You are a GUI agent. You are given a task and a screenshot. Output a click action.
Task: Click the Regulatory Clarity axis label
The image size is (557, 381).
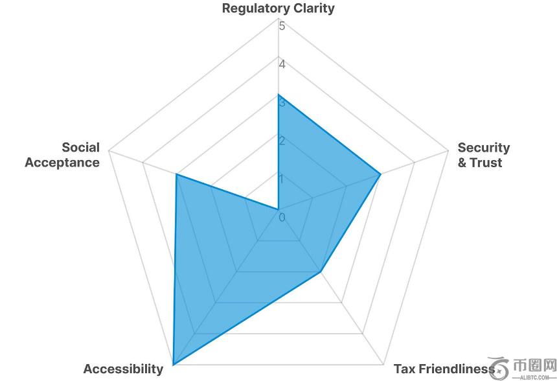[x=278, y=8]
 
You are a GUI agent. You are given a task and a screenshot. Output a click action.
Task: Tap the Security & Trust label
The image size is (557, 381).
[x=483, y=155]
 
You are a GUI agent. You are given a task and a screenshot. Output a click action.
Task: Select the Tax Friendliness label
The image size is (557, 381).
[x=444, y=369]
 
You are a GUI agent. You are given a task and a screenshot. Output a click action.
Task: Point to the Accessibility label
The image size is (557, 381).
[x=123, y=369]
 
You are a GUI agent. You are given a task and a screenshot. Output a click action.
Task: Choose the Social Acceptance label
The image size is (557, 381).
[x=62, y=155]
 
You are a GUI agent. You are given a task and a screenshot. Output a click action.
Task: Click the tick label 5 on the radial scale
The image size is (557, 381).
[x=282, y=27]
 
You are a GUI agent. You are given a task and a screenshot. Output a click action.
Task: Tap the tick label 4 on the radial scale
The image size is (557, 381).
[x=282, y=64]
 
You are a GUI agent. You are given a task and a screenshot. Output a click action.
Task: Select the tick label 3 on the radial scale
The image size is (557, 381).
[x=282, y=102]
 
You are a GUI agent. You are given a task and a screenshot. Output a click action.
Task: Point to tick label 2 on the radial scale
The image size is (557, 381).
[x=282, y=141]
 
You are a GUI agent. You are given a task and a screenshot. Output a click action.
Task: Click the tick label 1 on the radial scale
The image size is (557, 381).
[x=282, y=178]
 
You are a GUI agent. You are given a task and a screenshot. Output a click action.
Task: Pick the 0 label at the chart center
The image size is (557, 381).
[x=282, y=217]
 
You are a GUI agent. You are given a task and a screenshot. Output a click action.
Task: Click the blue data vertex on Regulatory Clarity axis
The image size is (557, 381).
[x=278, y=95]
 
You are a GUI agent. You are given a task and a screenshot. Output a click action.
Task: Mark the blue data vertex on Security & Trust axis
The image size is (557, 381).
[x=380, y=174]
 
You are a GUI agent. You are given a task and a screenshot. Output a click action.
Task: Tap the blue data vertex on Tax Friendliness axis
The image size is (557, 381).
[x=321, y=271]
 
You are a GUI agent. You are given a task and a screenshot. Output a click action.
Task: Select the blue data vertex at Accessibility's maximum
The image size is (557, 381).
[x=173, y=364]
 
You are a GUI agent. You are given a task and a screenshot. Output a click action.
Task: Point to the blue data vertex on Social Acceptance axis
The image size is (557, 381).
[x=176, y=174]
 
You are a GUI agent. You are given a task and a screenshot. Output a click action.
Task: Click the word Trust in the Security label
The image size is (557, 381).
[x=486, y=163]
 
